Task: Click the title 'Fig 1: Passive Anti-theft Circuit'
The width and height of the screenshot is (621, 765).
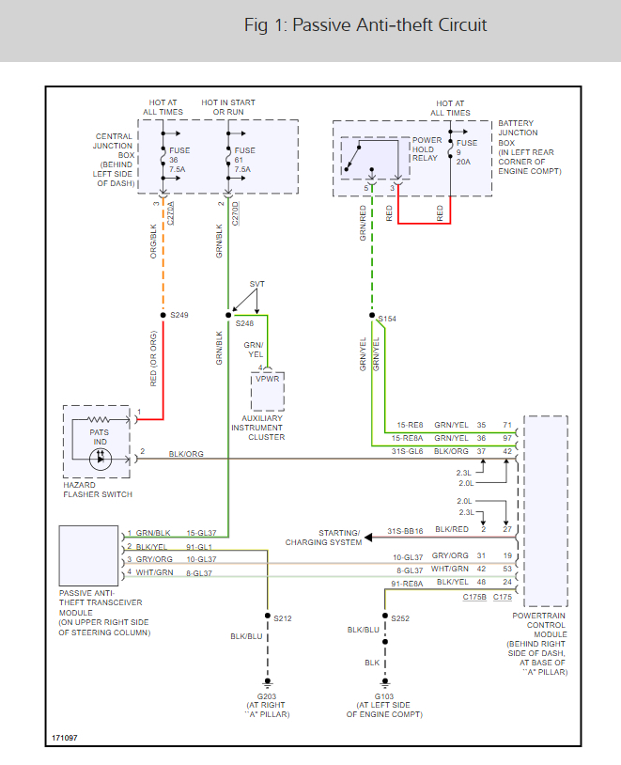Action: (x=365, y=25)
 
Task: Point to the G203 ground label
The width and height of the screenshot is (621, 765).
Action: (x=268, y=696)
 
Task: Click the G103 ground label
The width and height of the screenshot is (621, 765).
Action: (x=384, y=696)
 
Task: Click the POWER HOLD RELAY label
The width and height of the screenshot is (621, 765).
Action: (x=426, y=149)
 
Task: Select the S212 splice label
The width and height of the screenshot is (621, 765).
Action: (x=284, y=618)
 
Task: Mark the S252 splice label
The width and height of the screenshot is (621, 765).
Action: (x=401, y=618)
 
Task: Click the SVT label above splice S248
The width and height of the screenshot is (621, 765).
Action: (x=257, y=284)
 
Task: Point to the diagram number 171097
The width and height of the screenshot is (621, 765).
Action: (x=65, y=738)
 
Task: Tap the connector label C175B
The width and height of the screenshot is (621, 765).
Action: (x=474, y=598)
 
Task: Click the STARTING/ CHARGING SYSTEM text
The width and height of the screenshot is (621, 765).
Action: (x=324, y=537)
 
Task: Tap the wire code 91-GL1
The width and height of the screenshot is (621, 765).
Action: (x=199, y=546)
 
